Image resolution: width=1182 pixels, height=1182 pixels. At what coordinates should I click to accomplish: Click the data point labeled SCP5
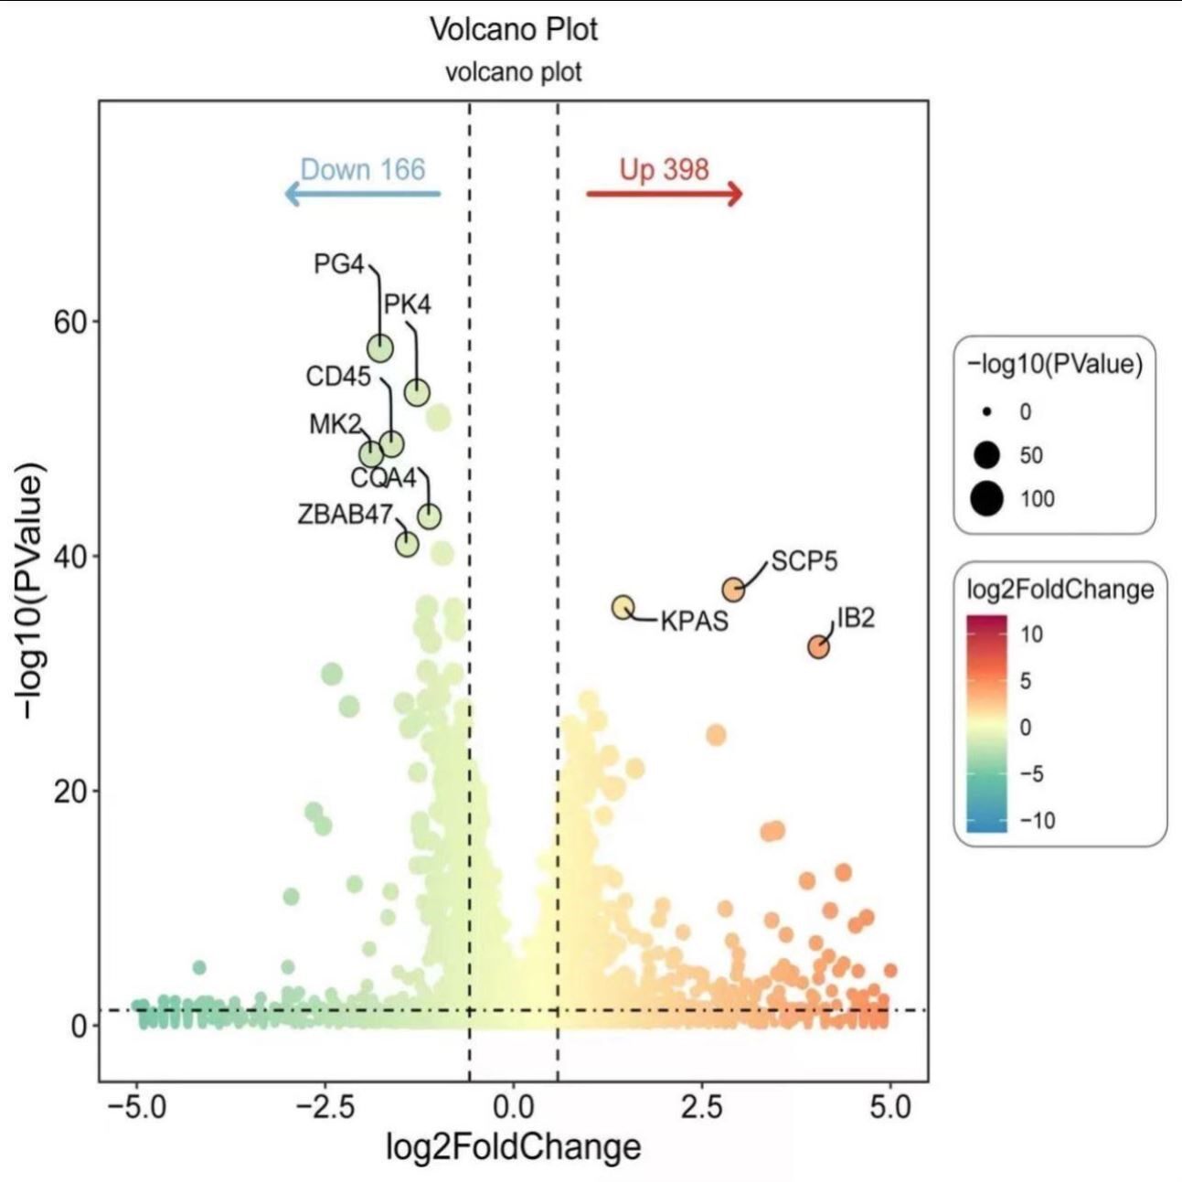733,590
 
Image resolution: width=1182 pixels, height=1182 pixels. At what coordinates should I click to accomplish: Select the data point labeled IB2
818,647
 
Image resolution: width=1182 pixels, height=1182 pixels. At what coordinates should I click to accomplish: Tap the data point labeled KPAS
623,607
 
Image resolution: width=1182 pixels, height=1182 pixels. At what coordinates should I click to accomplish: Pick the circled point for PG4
380,348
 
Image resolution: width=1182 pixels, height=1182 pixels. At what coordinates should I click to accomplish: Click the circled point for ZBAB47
407,544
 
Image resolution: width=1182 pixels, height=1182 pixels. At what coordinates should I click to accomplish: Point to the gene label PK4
407,304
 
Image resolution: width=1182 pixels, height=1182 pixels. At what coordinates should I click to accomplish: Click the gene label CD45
338,377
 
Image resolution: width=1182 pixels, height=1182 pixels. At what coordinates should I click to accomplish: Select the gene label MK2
335,424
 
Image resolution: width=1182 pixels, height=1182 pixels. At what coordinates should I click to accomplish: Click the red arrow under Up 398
665,194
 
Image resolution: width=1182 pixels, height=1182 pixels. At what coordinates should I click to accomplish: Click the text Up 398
664,169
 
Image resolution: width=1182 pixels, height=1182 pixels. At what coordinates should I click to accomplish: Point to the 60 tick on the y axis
69,322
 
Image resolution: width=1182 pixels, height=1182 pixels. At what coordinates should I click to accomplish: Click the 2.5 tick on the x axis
701,1107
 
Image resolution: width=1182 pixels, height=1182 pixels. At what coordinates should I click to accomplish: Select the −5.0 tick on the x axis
136,1107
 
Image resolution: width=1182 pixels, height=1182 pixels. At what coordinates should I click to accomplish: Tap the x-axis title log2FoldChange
513,1145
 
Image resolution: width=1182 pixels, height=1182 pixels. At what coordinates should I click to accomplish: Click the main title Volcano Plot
514,29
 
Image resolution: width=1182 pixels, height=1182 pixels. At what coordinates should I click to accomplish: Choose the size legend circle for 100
987,499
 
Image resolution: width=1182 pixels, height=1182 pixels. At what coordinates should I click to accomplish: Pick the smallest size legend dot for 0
987,412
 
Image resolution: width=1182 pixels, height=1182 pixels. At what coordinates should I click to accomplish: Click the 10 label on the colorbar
1031,634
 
